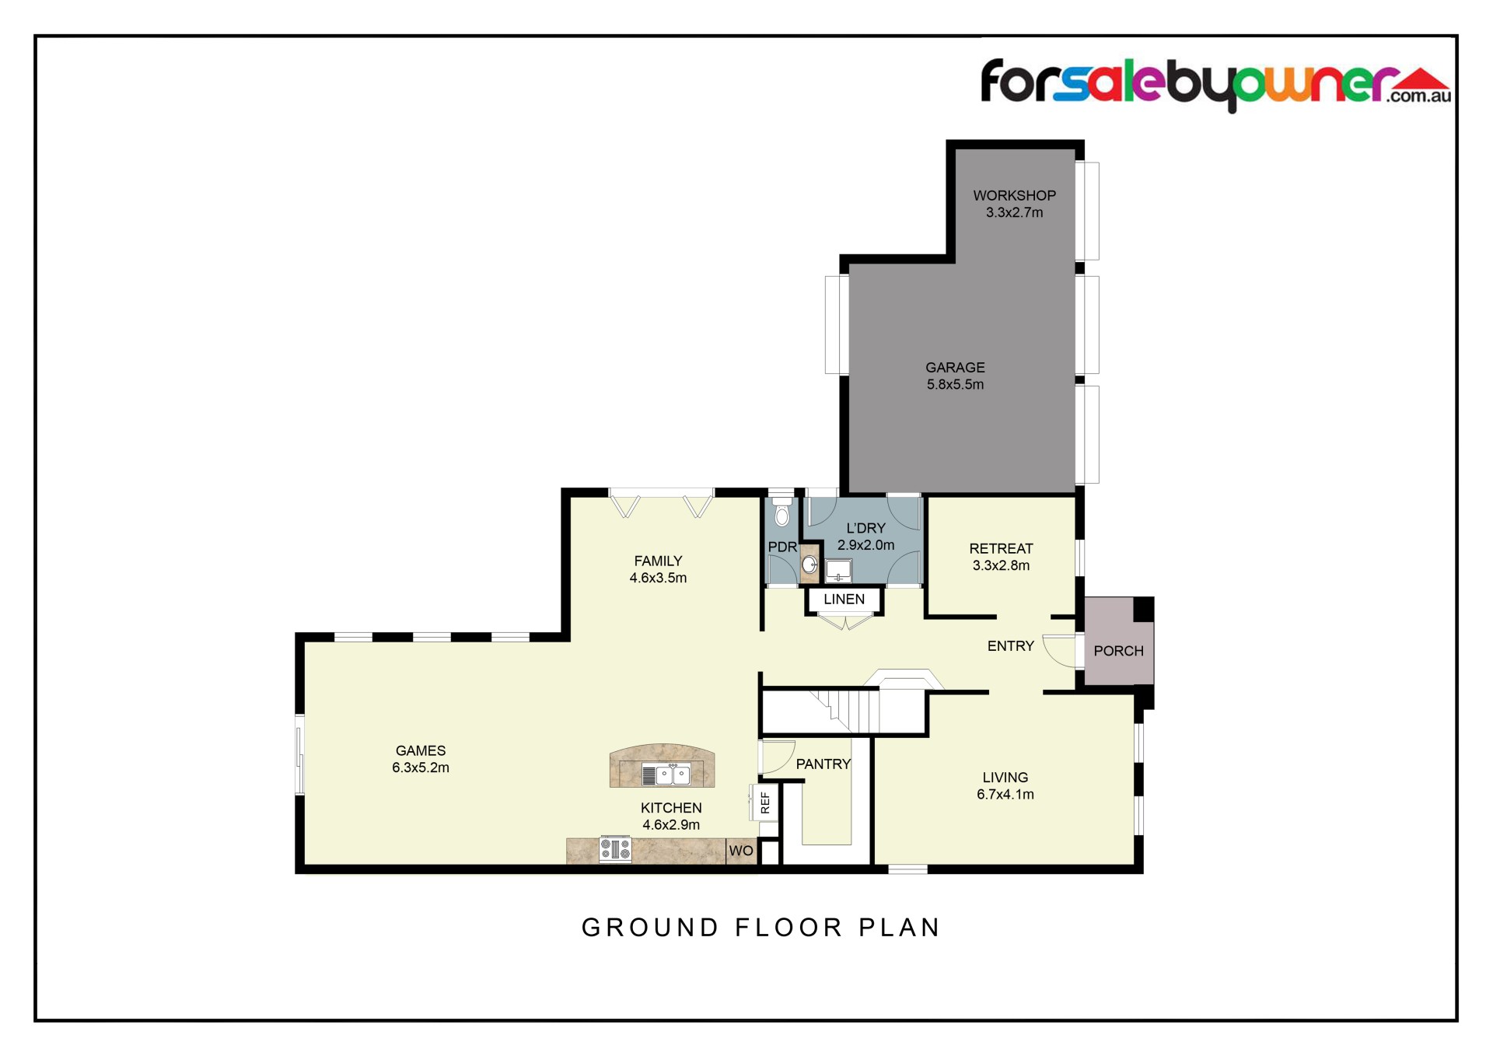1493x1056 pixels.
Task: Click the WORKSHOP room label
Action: pyautogui.click(x=1014, y=195)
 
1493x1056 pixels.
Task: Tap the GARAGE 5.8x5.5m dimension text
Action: pyautogui.click(x=955, y=384)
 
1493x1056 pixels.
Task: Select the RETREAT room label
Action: pyautogui.click(x=1001, y=548)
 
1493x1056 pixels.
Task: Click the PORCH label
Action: pyautogui.click(x=1118, y=651)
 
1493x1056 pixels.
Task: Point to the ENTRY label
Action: pyautogui.click(x=1010, y=645)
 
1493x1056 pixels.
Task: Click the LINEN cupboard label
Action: pyautogui.click(x=844, y=599)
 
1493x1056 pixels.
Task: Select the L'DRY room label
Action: pyautogui.click(x=865, y=528)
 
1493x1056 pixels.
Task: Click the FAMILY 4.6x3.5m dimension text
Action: pyautogui.click(x=658, y=578)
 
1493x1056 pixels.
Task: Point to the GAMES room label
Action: pyautogui.click(x=421, y=750)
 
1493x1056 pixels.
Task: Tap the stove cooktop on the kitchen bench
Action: pyautogui.click(x=615, y=848)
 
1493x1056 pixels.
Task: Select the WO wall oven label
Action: pyautogui.click(x=740, y=851)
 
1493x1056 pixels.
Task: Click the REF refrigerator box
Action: pyautogui.click(x=764, y=802)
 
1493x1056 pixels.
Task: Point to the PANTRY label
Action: pyautogui.click(x=823, y=764)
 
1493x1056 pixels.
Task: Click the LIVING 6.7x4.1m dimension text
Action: pyautogui.click(x=1005, y=794)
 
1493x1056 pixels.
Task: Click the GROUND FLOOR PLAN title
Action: pyautogui.click(x=761, y=927)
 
